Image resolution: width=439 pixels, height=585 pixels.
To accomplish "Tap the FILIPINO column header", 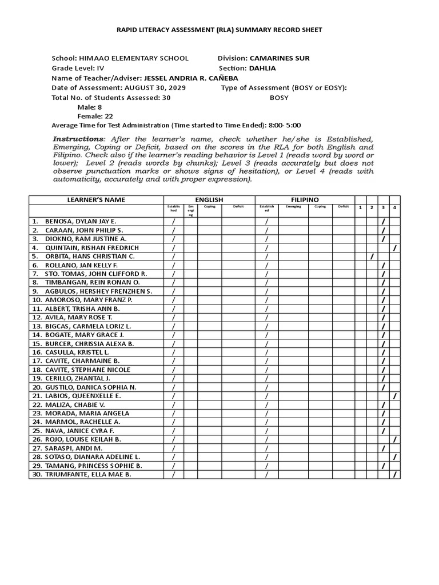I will pyautogui.click(x=305, y=199).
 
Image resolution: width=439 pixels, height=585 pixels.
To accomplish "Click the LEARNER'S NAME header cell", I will pyautogui.click(x=97, y=199).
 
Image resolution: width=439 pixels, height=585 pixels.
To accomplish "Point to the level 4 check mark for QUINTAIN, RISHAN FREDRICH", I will pyautogui.click(x=395, y=248).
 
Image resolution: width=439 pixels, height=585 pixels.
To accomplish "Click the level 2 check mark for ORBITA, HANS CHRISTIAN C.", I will pyautogui.click(x=372, y=257).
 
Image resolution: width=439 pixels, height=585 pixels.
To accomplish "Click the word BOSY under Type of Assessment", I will pyautogui.click(x=279, y=98).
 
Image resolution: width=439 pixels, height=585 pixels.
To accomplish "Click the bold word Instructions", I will pyautogui.click(x=78, y=139).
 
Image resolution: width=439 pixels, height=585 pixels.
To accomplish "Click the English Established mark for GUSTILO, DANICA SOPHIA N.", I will pyautogui.click(x=174, y=387).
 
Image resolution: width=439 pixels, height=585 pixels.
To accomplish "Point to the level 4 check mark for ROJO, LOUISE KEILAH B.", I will pyautogui.click(x=395, y=439).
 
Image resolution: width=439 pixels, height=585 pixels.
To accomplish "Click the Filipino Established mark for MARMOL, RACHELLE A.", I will pyautogui.click(x=266, y=422).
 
